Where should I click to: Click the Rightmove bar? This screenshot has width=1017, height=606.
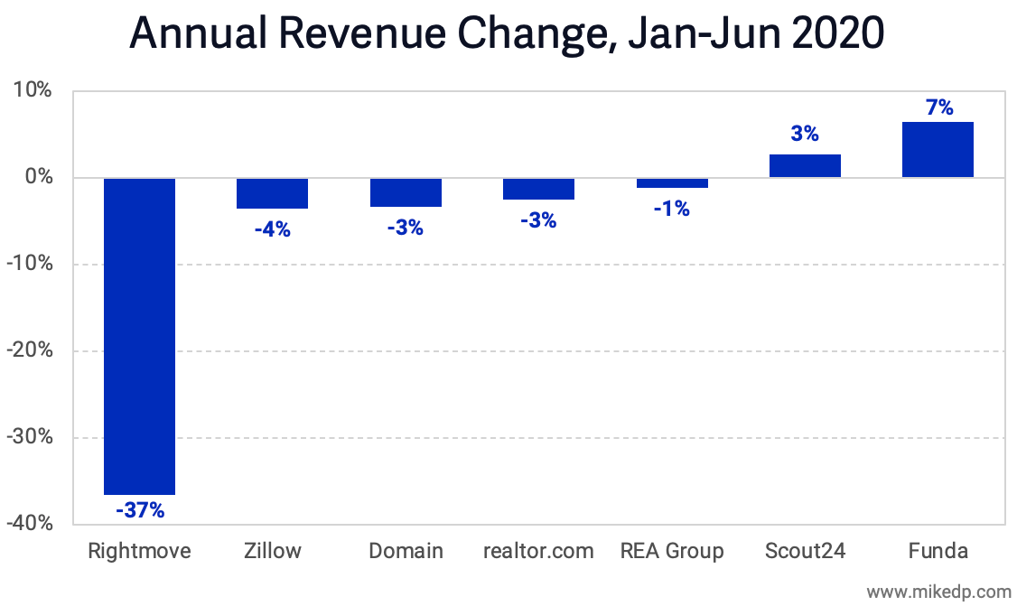139,336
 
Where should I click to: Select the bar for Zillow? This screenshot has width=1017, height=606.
272,193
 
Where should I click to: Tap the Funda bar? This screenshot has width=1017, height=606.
938,150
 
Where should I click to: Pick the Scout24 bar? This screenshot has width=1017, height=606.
805,166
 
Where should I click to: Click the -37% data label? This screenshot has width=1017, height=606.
139,510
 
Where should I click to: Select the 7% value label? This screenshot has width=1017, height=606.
938,107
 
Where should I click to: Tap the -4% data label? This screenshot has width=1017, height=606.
272,229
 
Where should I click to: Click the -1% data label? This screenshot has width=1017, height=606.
671,209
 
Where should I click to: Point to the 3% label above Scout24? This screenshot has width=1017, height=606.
805,134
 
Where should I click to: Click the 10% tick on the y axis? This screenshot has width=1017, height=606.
33,91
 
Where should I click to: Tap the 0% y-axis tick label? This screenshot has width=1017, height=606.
37,178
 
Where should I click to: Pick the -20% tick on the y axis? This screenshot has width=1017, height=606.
29,351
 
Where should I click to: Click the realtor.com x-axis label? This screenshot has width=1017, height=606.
538,551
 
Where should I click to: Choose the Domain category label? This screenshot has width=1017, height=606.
406,551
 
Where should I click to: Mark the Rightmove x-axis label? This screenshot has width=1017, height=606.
139,551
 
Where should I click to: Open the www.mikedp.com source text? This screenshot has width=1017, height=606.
939,592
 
